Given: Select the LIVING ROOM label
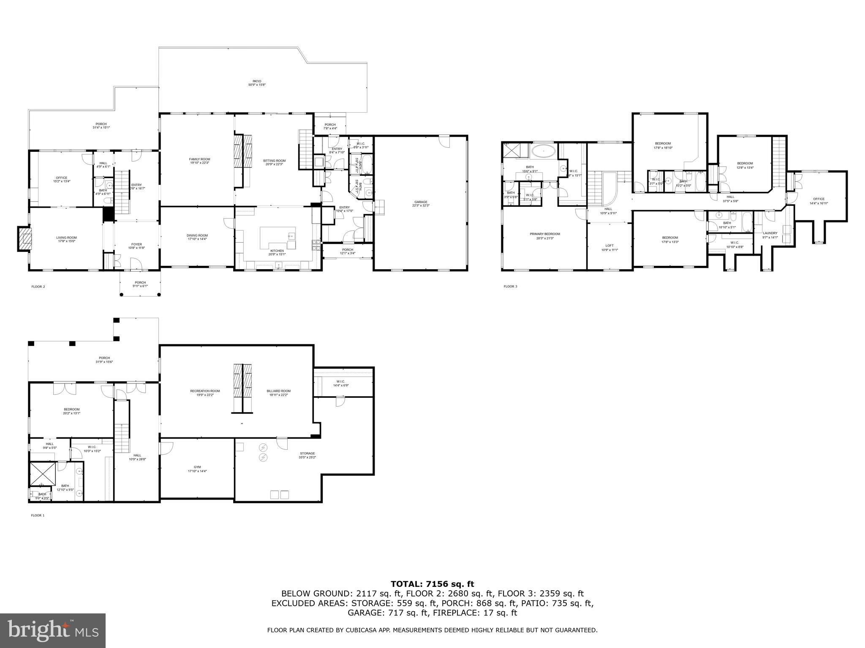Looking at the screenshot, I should pos(66,238).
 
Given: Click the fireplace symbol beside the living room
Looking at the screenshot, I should pos(25,238).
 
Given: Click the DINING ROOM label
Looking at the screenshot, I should pos(197,236).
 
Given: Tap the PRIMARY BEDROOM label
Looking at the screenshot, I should pos(545,234).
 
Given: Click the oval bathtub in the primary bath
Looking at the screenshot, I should pos(544,151).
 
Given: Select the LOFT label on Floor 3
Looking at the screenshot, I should pos(609,246).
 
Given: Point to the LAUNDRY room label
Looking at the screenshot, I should pos(770,233).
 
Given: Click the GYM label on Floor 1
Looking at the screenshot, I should pos(197,467).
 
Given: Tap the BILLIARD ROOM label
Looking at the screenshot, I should pos(279,391).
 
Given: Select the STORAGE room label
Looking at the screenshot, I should pos(307,454).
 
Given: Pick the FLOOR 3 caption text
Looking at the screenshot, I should pos(510,286).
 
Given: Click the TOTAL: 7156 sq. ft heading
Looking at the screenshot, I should pos(432,584).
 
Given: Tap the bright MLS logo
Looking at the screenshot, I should pos(53,631).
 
